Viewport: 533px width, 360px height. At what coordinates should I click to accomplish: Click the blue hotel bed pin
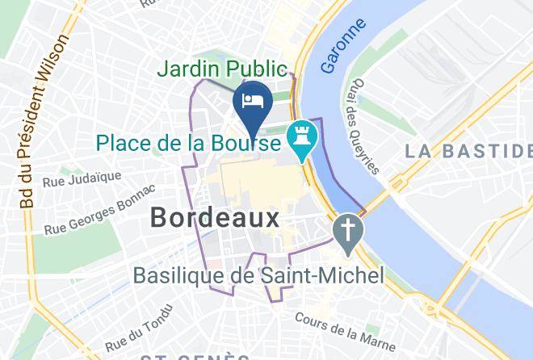coord(252,103)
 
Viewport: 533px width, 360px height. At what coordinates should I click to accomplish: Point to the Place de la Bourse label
coord(189,144)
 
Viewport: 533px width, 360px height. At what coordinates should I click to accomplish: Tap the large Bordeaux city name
coord(215,217)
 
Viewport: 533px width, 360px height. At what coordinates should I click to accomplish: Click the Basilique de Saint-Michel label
coord(259,276)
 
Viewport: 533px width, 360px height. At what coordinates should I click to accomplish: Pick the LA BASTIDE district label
coord(468,151)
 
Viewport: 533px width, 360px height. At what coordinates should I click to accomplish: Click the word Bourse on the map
coord(246,144)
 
